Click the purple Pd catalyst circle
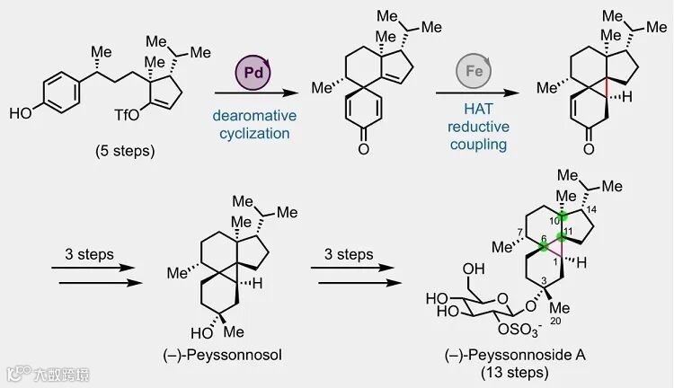253,71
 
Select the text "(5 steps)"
125,151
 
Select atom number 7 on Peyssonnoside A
519,234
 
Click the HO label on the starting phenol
19,114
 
